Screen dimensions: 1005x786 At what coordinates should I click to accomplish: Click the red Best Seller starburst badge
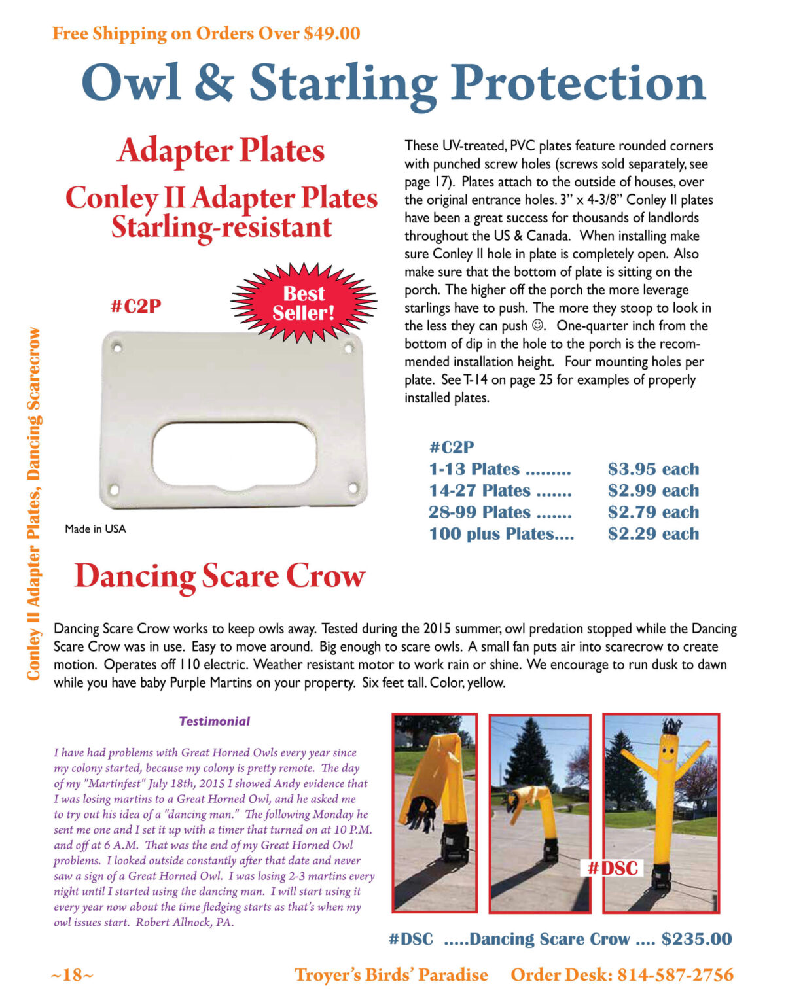304,303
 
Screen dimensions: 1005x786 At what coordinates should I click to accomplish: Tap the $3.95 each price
652,469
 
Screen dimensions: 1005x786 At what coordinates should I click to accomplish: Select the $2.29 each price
652,534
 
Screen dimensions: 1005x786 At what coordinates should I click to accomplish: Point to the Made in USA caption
96,529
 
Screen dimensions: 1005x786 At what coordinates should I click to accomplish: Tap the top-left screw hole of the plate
117,347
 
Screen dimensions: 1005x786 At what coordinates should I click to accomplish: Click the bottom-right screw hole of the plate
352,487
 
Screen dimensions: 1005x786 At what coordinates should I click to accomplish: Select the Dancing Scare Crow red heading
219,576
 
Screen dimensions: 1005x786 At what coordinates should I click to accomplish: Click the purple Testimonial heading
215,721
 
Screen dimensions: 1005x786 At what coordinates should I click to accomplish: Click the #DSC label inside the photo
612,868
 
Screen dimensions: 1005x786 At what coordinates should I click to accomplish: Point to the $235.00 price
696,939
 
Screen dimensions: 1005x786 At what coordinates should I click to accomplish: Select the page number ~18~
72,975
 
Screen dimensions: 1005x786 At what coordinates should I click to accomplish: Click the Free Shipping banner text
206,33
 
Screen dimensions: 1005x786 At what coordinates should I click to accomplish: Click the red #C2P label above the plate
135,306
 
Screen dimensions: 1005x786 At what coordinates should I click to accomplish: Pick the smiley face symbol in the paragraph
537,325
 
